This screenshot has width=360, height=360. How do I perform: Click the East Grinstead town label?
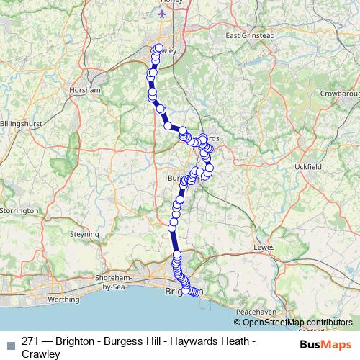coord(251,35)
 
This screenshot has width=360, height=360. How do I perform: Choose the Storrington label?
coord(19,210)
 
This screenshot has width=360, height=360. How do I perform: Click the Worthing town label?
coord(63,298)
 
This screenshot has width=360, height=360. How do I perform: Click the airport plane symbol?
coord(161,13)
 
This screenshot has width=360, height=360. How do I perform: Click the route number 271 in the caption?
coord(31,340)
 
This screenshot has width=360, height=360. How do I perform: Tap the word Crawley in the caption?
coord(41,353)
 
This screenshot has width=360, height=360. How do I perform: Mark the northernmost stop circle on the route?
coord(158,49)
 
